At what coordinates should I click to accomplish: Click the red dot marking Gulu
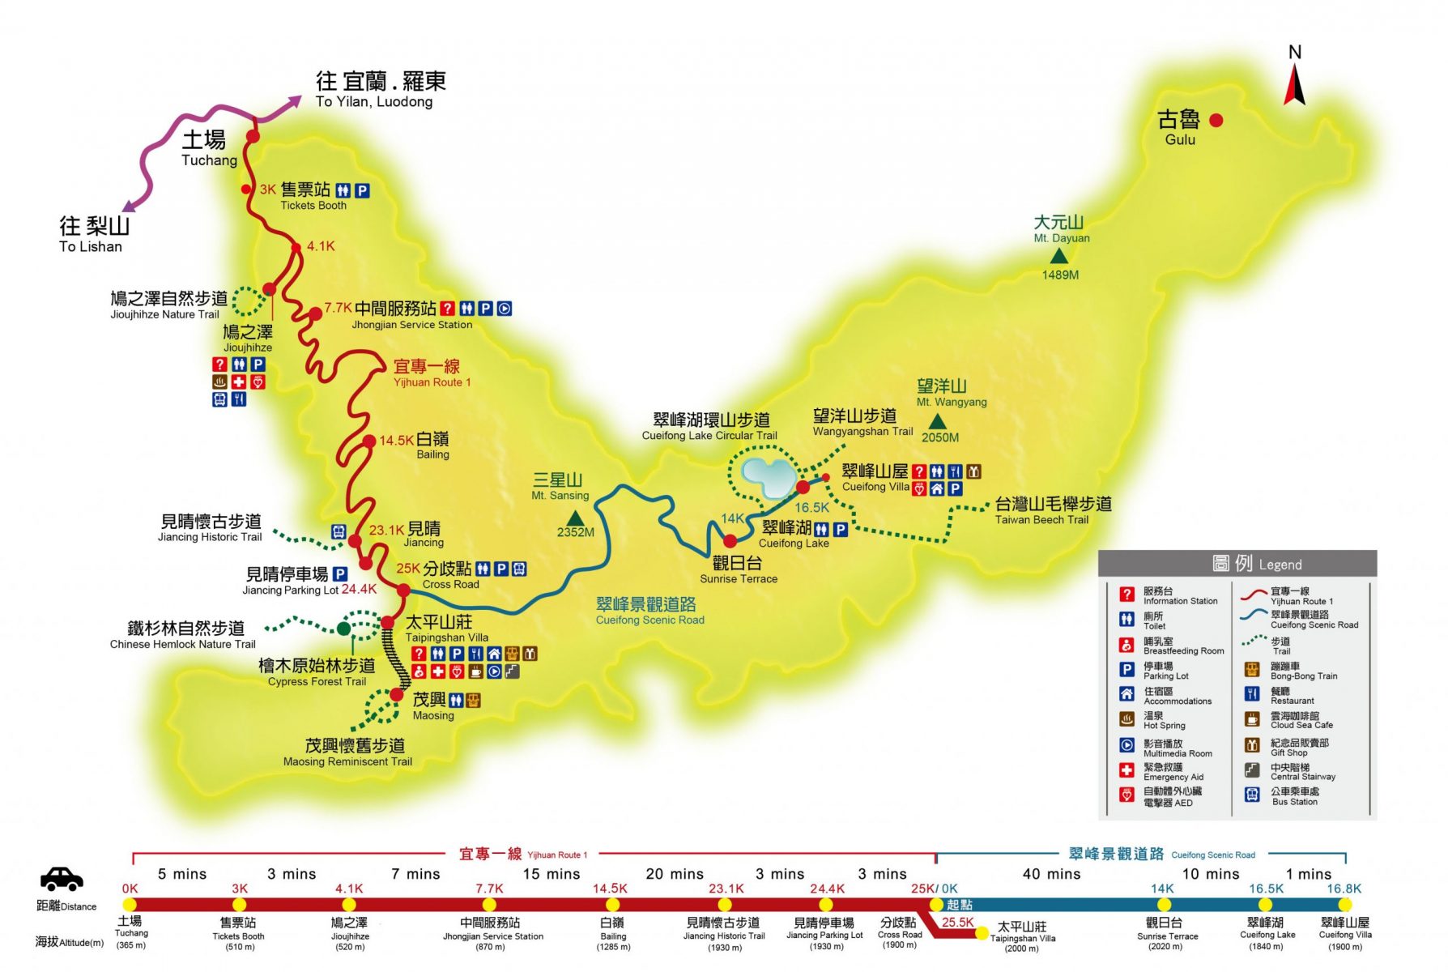click(1216, 121)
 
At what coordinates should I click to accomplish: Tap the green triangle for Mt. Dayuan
click(1058, 257)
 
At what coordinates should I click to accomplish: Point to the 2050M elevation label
click(939, 437)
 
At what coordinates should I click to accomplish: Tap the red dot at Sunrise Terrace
click(730, 541)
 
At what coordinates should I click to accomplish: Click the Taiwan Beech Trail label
click(1052, 511)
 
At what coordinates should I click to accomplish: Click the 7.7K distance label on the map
click(338, 308)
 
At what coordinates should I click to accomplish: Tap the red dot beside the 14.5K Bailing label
click(369, 441)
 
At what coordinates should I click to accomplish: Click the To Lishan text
click(91, 247)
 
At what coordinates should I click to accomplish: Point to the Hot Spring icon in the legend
click(1126, 718)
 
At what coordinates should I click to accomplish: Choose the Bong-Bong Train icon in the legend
click(1252, 669)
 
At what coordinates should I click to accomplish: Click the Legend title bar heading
click(1237, 564)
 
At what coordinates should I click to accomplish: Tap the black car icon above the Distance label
click(62, 879)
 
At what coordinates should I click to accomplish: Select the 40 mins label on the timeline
click(1051, 874)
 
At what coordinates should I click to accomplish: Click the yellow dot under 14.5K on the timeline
click(611, 905)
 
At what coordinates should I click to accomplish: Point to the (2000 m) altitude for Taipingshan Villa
click(1021, 949)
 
